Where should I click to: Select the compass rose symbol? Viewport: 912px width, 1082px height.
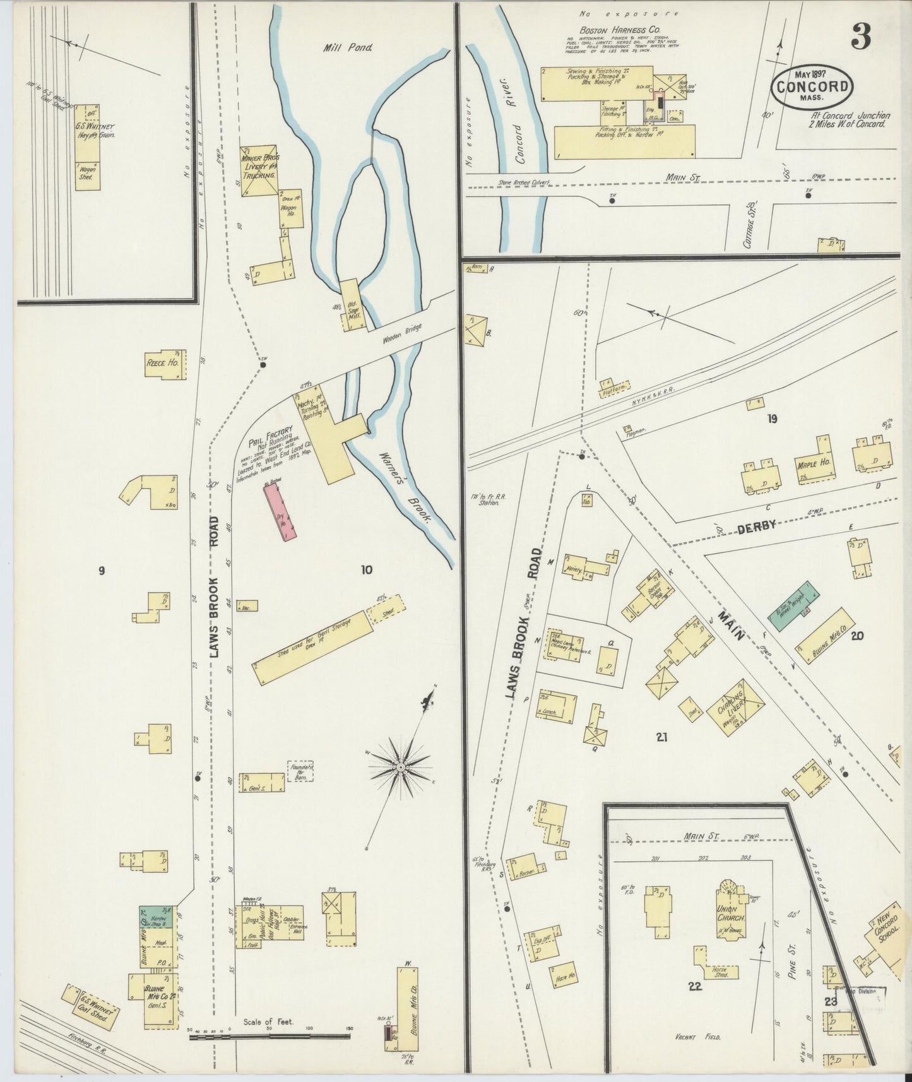400,766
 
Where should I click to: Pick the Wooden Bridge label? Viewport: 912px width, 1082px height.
401,334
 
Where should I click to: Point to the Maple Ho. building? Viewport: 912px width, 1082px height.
814,462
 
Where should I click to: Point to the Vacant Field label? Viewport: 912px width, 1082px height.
697,1037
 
